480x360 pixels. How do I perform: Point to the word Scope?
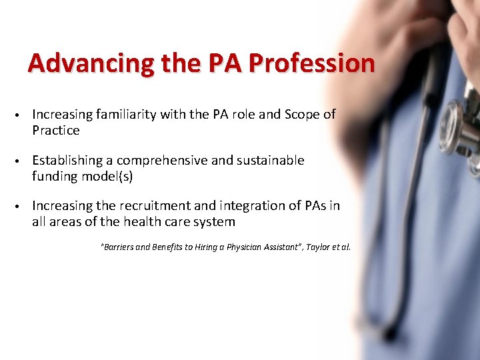pyautogui.click(x=303, y=115)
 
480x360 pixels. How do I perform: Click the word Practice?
pyautogui.click(x=56, y=131)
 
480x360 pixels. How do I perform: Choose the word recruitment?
pyautogui.click(x=147, y=206)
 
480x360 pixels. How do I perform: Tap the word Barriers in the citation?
pyautogui.click(x=119, y=247)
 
